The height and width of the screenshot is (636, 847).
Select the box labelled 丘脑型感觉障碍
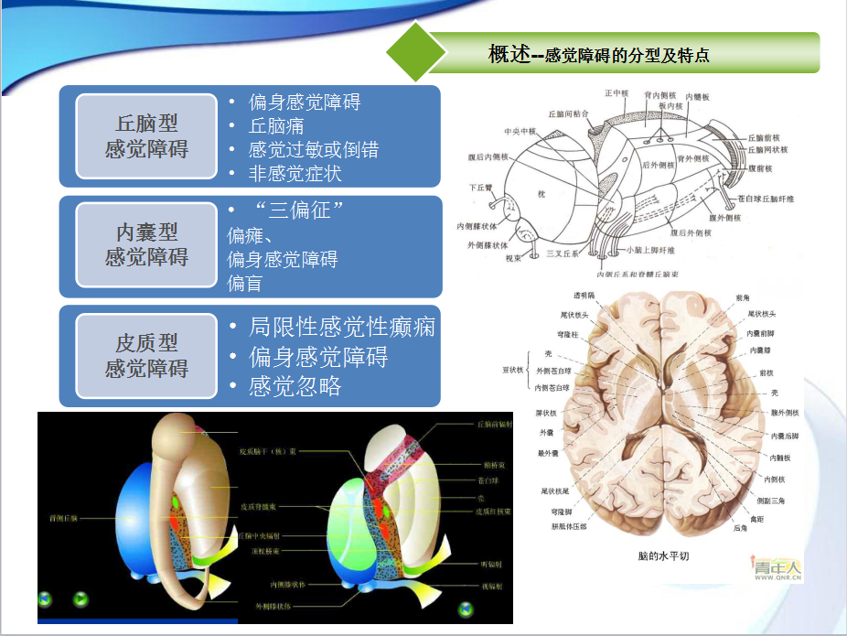point(146,135)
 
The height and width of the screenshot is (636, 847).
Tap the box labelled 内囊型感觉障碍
point(146,245)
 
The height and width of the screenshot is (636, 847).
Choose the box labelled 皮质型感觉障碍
point(146,356)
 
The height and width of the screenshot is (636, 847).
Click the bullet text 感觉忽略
point(295,386)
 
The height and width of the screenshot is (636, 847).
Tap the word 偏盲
point(244,284)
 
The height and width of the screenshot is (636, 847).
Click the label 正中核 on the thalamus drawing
point(616,93)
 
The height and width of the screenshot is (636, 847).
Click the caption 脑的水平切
point(663,555)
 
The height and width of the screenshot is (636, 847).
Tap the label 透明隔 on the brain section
point(584,295)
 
